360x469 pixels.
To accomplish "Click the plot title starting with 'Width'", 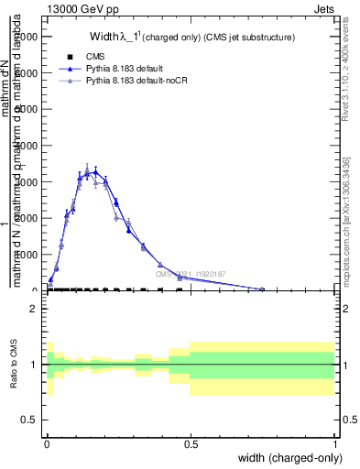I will [x=191, y=38].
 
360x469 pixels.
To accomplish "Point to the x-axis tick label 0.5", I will [x=190, y=444].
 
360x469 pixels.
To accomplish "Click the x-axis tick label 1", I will [x=335, y=444].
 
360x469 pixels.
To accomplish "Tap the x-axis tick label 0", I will [x=46, y=444].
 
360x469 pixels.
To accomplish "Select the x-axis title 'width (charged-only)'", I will [x=285, y=458].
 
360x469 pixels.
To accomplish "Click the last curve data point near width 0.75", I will [x=262, y=289].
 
